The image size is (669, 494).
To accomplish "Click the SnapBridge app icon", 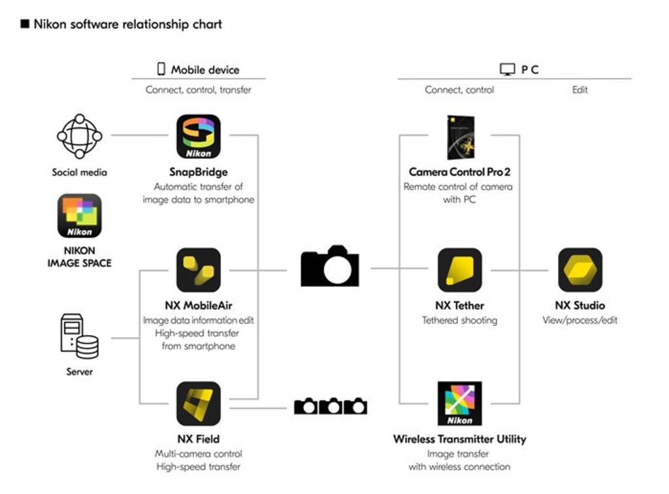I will click(x=199, y=137).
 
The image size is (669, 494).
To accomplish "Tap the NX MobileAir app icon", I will click(x=199, y=270).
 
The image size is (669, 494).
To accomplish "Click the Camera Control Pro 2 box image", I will click(x=460, y=137).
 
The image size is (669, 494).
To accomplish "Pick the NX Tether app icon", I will click(x=460, y=270).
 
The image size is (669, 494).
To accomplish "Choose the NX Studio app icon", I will click(x=580, y=270).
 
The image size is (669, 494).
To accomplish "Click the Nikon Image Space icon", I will click(x=80, y=216).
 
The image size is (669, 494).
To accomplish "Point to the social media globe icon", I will click(x=80, y=137).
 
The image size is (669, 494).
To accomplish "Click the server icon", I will click(x=79, y=337).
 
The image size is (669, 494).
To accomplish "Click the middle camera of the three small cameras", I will click(x=331, y=406).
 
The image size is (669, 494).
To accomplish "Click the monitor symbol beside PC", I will click(x=507, y=69).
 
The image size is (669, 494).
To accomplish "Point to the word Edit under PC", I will click(x=580, y=90).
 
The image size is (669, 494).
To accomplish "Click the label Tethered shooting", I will click(x=459, y=320).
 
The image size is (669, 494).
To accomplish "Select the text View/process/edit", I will click(x=580, y=320).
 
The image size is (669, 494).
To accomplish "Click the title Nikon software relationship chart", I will click(x=128, y=24).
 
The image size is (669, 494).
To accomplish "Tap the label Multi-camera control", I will click(x=199, y=453).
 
